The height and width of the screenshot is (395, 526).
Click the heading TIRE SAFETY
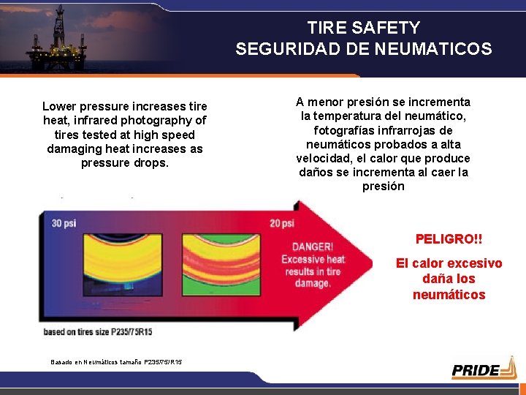[363, 28]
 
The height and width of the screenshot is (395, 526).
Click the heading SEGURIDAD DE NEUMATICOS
[363, 49]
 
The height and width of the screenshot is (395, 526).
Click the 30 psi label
[64, 223]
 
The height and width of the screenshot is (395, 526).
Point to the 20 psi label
[281, 223]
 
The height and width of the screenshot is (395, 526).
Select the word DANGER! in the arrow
[313, 247]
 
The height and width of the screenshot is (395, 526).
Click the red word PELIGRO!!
[449, 239]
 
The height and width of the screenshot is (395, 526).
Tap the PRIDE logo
[483, 369]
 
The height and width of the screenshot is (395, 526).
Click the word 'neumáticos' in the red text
[449, 295]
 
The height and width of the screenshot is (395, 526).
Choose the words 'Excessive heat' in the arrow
[313, 259]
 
